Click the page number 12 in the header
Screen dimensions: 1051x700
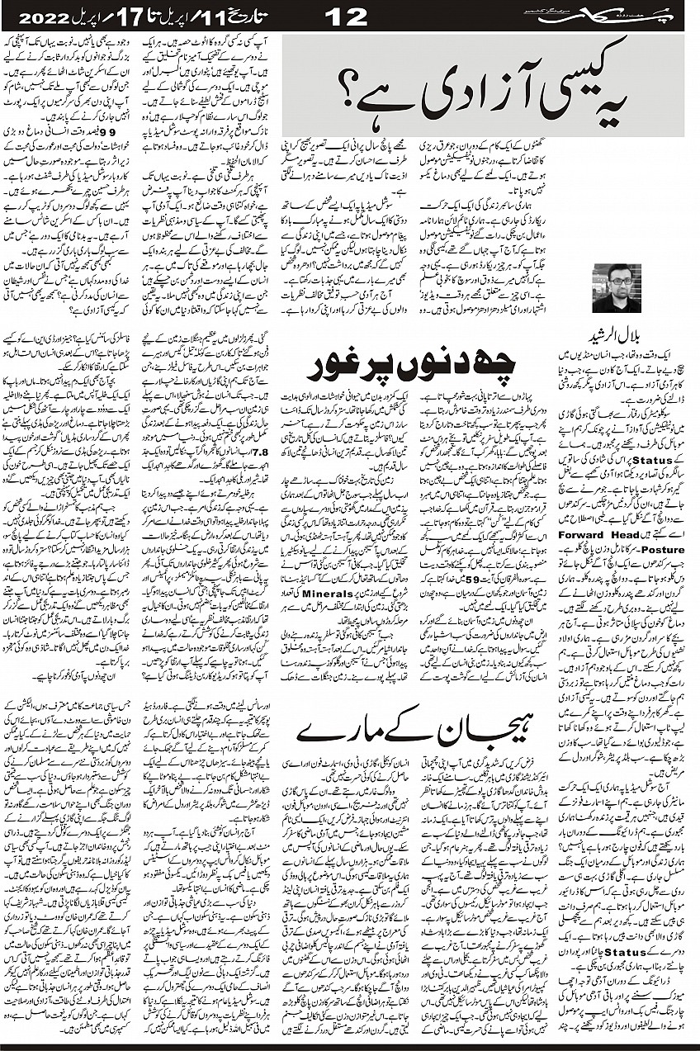[351, 15]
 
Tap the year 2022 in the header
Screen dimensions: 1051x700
[41, 16]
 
